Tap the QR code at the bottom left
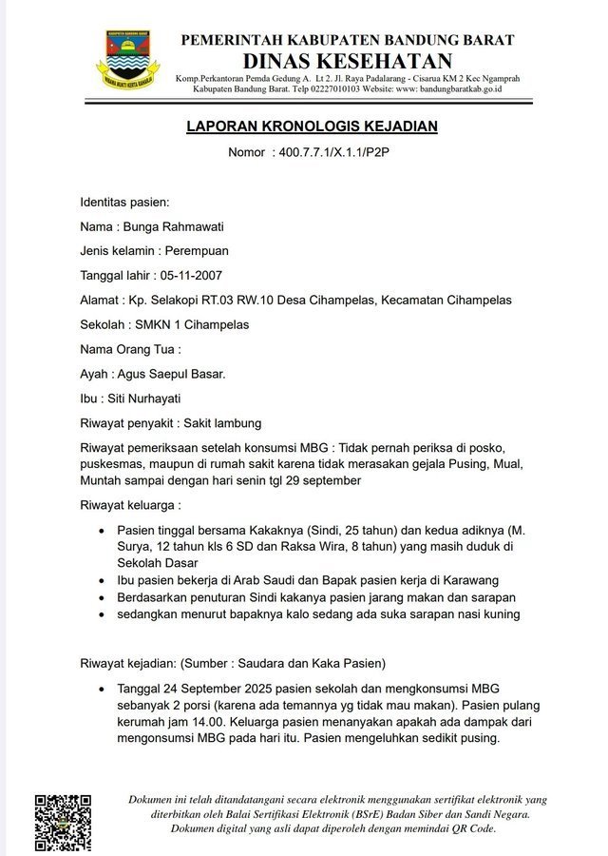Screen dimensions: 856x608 [x=63, y=822]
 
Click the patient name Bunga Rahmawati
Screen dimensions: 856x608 [x=172, y=226]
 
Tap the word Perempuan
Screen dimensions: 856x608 [x=196, y=251]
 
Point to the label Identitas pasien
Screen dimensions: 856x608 [x=124, y=202]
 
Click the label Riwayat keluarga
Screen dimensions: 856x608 [x=129, y=504]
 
